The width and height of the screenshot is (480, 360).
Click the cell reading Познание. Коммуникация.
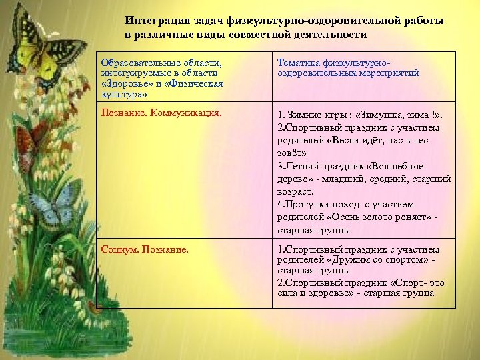tap(161, 113)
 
